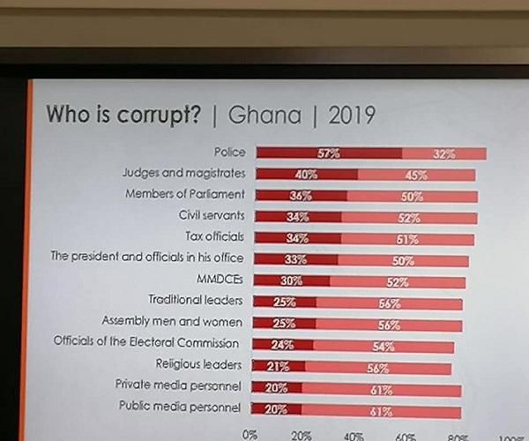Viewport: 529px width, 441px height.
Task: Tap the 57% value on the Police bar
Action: [x=329, y=153]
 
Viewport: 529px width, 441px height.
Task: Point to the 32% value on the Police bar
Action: [x=444, y=154]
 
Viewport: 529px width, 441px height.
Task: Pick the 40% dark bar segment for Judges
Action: [x=306, y=175]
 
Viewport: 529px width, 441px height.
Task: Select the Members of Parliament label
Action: [x=185, y=194]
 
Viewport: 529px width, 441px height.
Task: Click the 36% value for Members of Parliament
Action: [x=302, y=196]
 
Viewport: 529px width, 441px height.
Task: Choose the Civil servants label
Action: [x=212, y=215]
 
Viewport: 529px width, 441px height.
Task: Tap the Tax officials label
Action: [x=215, y=236]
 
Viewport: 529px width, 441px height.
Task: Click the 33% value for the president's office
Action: [x=295, y=260]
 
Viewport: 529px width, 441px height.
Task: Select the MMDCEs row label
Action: [x=225, y=280]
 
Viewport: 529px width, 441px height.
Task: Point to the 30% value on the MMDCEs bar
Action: [x=292, y=281]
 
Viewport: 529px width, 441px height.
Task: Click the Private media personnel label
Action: [x=179, y=385]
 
